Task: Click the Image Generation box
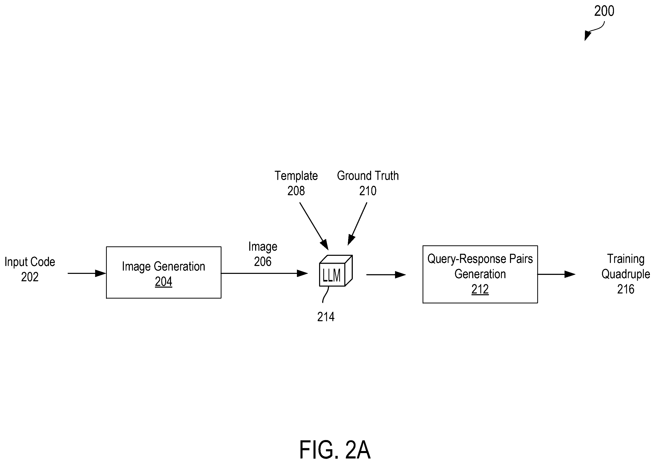164,273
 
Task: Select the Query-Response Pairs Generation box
480,274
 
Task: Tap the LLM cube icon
336,271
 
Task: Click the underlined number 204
164,282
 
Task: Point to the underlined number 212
480,289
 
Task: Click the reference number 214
326,317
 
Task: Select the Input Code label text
30,262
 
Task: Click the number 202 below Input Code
30,277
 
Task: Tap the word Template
296,176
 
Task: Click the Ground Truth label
368,176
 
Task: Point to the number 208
296,191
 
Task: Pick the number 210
368,191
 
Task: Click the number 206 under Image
263,262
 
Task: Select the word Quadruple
626,274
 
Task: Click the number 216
626,289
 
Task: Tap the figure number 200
604,11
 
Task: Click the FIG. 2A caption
335,450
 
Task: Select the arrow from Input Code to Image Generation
87,273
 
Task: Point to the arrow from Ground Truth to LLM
357,224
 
